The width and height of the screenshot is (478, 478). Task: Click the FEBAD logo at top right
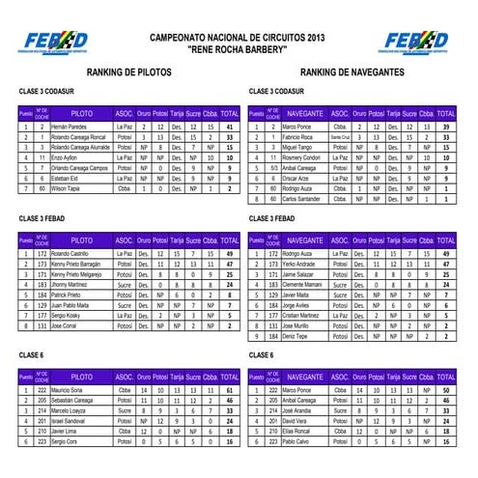(416, 42)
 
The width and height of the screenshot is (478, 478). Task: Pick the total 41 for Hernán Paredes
(229, 127)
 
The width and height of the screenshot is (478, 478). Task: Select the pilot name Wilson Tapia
(66, 189)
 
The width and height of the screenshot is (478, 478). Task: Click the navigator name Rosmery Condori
(301, 158)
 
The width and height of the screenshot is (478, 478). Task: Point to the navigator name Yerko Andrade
(299, 264)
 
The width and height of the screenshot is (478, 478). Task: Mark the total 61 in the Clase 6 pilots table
(229, 389)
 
